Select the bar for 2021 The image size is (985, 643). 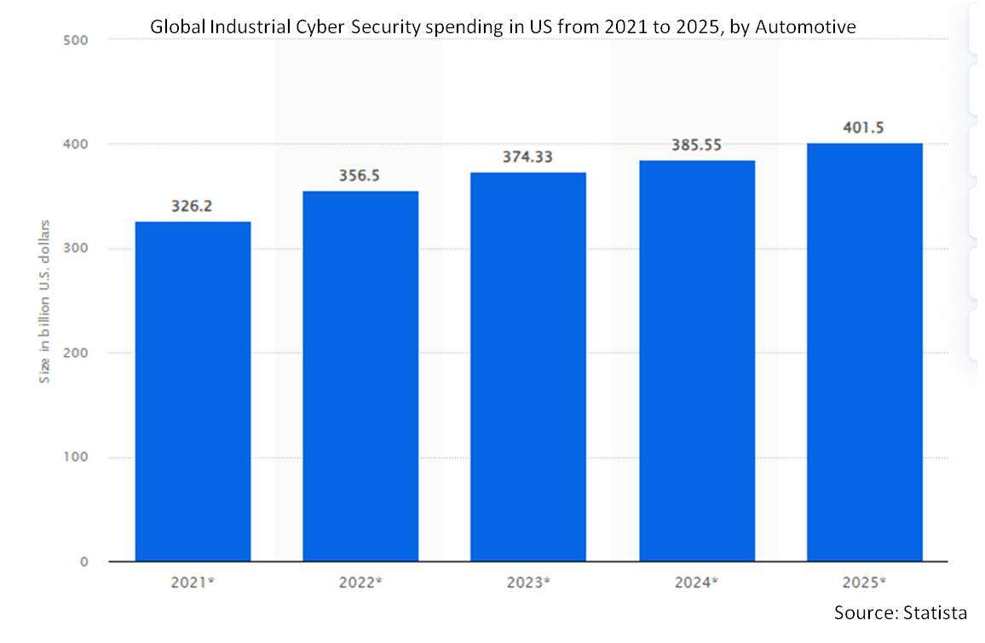click(193, 392)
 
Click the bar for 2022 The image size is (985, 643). click(360, 376)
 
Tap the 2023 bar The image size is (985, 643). click(528, 367)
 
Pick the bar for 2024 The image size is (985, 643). click(696, 361)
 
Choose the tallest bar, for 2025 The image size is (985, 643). click(864, 353)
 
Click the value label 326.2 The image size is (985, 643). click(193, 206)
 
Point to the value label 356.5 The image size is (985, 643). click(360, 175)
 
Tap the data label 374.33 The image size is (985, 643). click(528, 157)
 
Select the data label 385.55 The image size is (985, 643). click(696, 145)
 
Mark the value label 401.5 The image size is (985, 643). click(864, 128)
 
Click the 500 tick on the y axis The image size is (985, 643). click(76, 40)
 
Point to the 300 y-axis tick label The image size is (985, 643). click(76, 249)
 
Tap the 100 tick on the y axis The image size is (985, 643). click(76, 457)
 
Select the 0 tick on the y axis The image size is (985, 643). click(84, 562)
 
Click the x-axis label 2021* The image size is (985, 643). click(193, 583)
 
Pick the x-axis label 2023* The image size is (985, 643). click(529, 583)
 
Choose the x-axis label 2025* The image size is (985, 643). click(865, 583)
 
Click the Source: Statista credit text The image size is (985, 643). click(900, 612)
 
